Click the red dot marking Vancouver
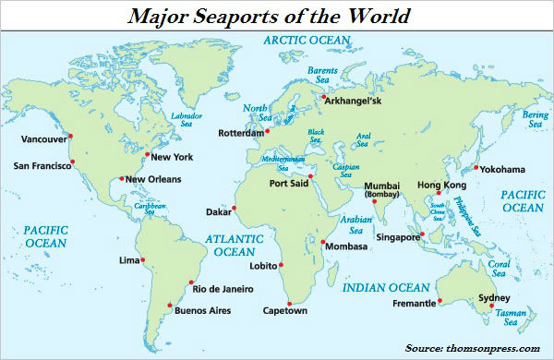(x=70, y=137)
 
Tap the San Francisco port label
(x=42, y=166)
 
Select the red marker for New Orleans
(x=121, y=178)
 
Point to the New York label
(x=173, y=158)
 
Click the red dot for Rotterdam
(x=267, y=131)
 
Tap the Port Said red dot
(x=311, y=175)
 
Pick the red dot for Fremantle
(x=440, y=300)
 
